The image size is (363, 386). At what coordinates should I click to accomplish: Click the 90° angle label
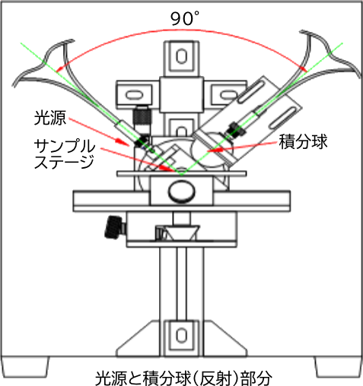[185, 18]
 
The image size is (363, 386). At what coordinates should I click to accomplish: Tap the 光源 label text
[50, 118]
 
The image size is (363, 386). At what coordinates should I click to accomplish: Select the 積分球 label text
[303, 141]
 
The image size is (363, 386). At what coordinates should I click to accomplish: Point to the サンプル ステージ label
[65, 153]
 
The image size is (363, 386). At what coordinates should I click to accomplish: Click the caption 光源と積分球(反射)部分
[183, 378]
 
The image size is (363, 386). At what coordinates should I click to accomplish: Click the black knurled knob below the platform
[115, 227]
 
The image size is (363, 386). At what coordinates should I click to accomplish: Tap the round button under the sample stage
[181, 191]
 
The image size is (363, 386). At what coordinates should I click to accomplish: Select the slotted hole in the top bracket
[181, 56]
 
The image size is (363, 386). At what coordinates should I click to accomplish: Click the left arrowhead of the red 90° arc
[59, 69]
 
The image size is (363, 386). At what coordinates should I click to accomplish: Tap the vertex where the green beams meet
[182, 176]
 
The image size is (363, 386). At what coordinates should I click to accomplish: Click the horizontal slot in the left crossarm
[135, 95]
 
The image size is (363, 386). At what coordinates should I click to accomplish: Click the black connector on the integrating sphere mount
[237, 129]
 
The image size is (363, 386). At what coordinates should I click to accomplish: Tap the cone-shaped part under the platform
[180, 233]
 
